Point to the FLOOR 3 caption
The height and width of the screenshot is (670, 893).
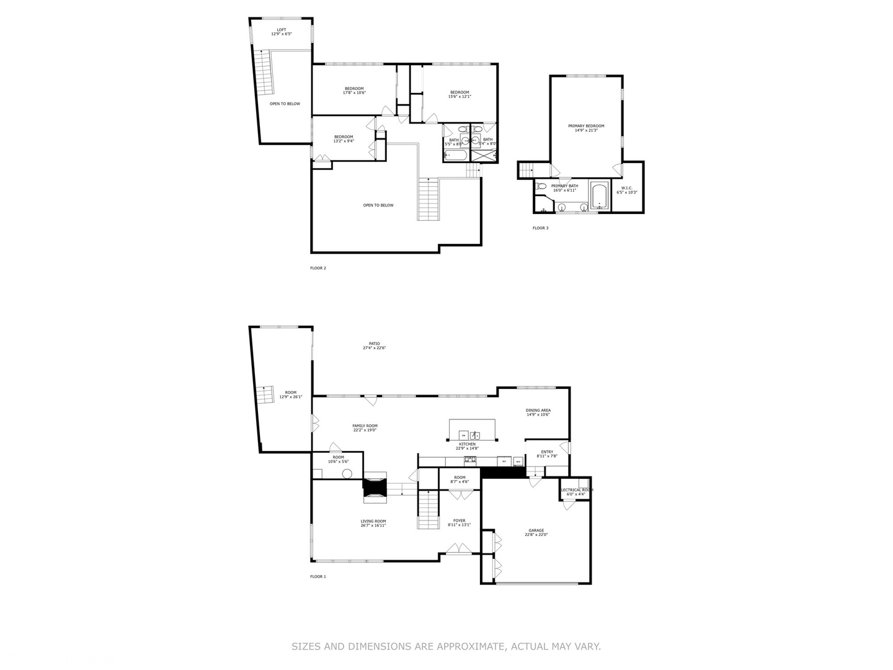coord(540,228)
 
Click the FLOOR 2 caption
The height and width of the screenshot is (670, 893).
coord(318,268)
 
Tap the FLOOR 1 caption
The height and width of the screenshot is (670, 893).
coord(318,576)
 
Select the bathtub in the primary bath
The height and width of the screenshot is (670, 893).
coord(600,195)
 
